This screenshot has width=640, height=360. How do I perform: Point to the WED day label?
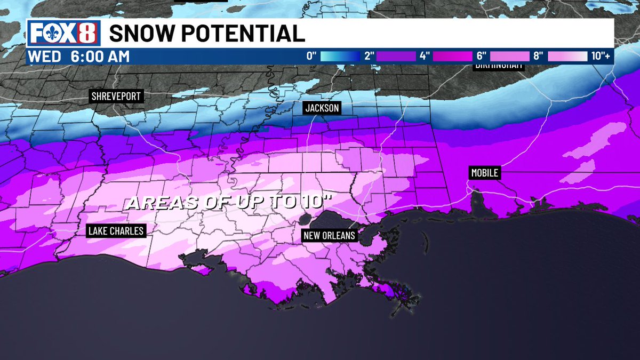point(44,57)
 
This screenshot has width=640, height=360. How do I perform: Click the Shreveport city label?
point(116,97)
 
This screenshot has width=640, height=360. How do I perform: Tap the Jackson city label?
point(322,108)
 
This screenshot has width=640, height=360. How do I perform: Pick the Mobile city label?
point(484,173)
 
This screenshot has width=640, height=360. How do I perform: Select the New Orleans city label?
point(329,236)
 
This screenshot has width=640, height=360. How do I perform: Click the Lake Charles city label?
point(116,231)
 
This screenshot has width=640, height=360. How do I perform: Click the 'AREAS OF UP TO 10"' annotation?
point(233,203)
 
